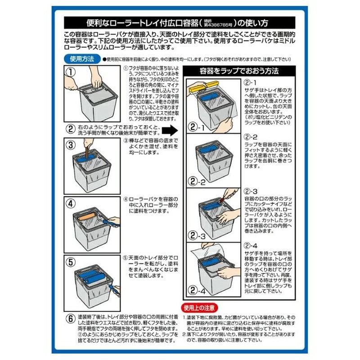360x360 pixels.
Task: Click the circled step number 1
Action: [x=71, y=72]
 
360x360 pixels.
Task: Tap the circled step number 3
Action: [x=71, y=145]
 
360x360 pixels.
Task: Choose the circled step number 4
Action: [x=71, y=202]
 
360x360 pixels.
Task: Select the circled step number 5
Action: [x=71, y=261]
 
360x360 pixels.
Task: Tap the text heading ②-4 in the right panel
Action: [x=250, y=246]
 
